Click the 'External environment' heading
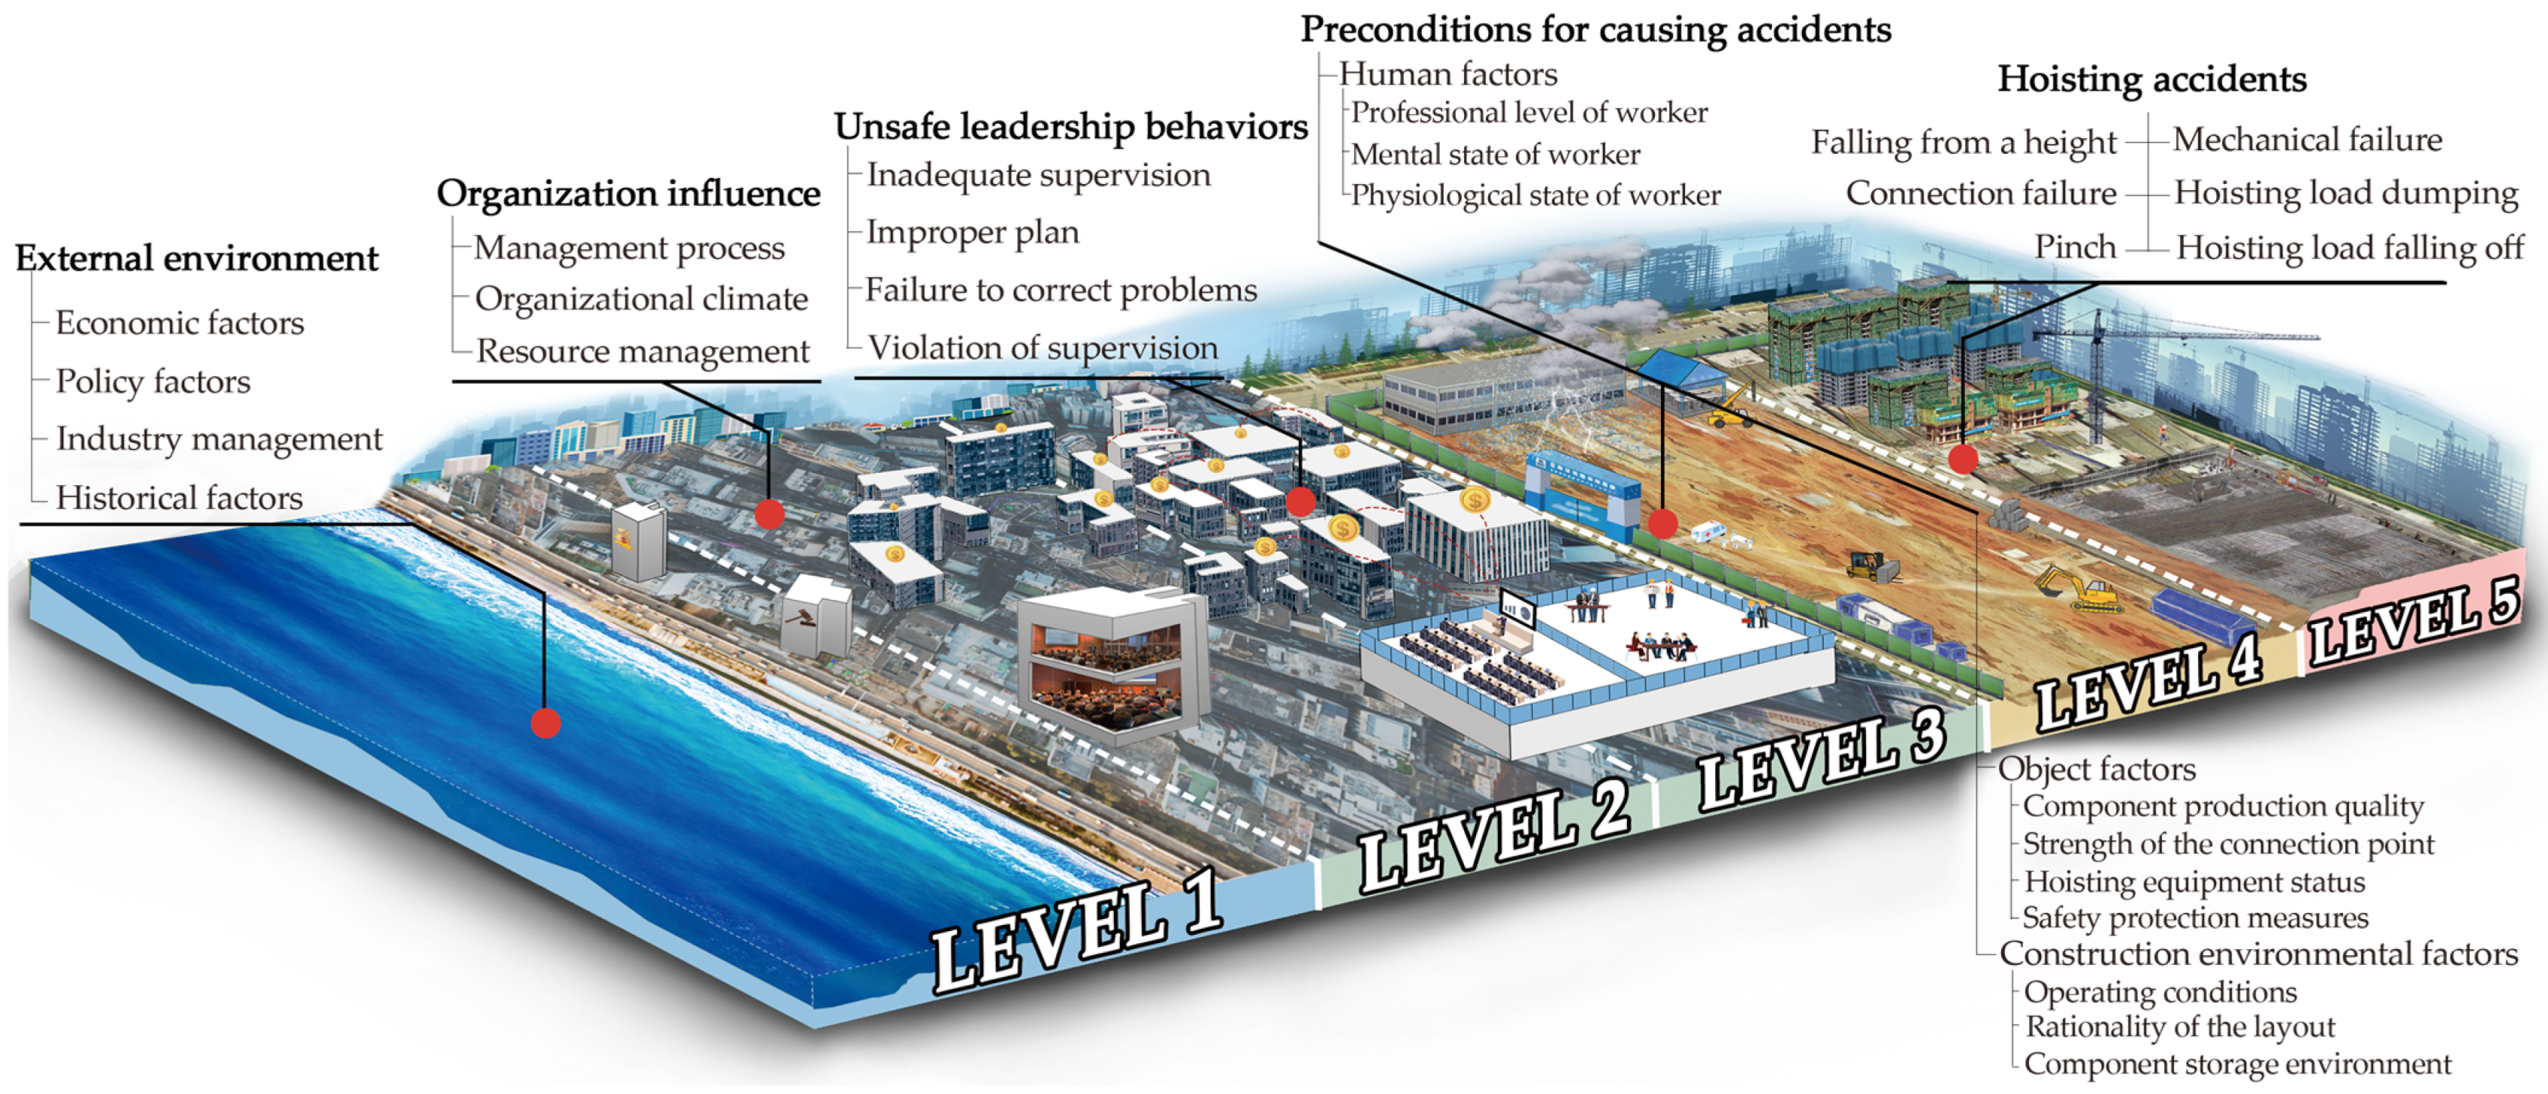coord(196,259)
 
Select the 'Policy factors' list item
coord(152,382)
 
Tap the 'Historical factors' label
coord(179,497)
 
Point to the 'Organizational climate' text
coord(641,299)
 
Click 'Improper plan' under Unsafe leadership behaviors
coord(972,232)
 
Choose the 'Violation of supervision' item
coord(1042,348)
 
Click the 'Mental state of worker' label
coord(1494,155)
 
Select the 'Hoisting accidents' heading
coord(2151,79)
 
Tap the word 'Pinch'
coord(2074,247)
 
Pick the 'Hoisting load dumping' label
coord(2345,193)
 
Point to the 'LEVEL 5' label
coord(2414,622)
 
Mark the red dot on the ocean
coord(545,723)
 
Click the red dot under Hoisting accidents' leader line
coord(1963,458)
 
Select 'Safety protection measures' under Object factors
coord(2195,918)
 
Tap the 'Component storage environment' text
coord(2237,1065)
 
